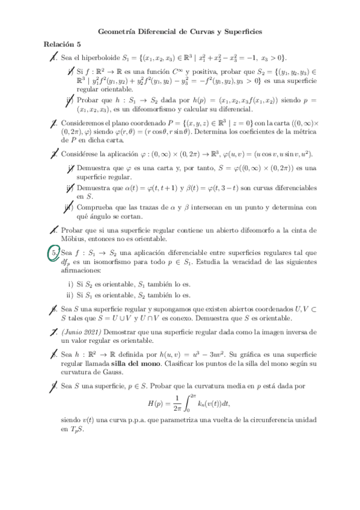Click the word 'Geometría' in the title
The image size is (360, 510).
[118, 31]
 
